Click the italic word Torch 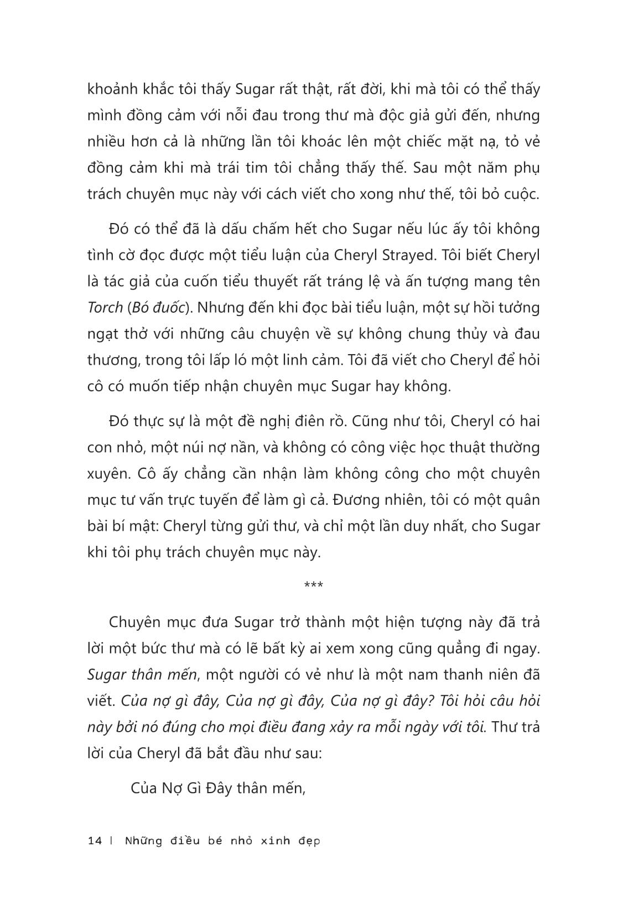click(x=105, y=307)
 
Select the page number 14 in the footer click(x=95, y=841)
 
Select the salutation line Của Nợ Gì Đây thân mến click(x=219, y=788)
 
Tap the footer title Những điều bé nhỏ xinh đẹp click(x=222, y=841)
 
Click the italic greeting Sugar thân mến click(x=142, y=675)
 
